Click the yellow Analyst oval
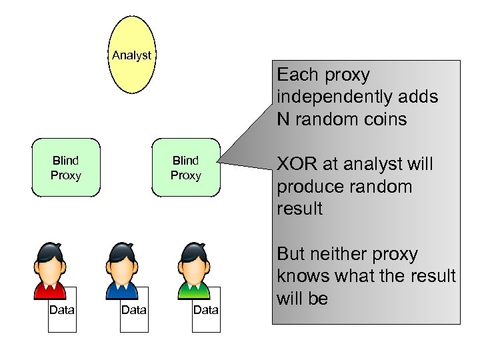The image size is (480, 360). pos(132,55)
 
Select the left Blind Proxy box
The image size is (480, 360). pos(66,167)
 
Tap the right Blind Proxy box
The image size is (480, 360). pos(185,167)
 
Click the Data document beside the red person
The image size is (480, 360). pos(62,309)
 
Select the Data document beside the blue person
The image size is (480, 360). pos(134,309)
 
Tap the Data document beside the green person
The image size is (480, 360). pos(206,309)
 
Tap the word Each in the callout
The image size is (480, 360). pos(297,75)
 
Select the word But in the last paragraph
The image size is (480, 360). pos(291,254)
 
